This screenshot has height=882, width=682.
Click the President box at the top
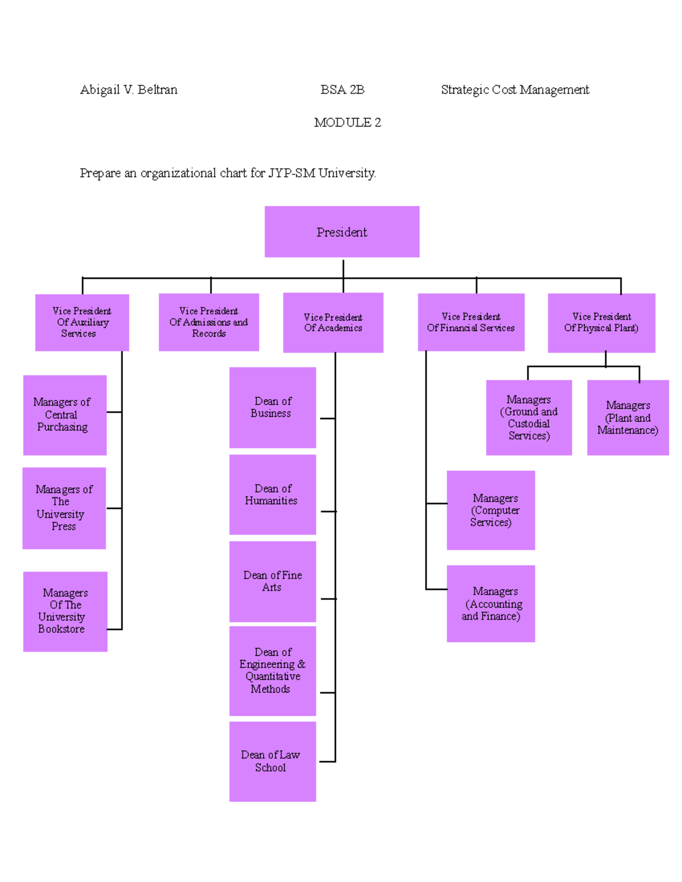pos(342,232)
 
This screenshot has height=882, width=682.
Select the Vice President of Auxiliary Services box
pos(82,322)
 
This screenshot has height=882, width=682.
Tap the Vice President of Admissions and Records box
pos(209,322)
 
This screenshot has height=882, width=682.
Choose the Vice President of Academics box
pos(333,323)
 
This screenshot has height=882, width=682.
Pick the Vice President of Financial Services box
pos(471,322)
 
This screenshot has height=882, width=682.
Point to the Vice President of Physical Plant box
pos(601,323)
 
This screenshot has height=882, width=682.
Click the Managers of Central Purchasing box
pos(64,415)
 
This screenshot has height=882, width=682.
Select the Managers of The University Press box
pos(64,508)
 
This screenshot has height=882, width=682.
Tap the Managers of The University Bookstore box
pos(65,611)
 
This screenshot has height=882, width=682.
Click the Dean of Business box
pos(272,407)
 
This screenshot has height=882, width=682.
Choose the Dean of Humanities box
pos(272,494)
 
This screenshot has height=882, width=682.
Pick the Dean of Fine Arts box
pos(272,581)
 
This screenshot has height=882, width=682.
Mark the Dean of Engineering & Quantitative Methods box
pos(272,670)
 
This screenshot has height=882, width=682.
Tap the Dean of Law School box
pos(272,761)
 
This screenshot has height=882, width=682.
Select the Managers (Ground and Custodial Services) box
pos(529,417)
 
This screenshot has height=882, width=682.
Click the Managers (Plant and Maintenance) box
pos(627,417)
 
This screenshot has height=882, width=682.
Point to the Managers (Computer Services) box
pos(490,510)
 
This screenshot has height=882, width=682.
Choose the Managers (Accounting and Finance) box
pos(490,603)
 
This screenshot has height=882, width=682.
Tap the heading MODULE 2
pos(347,122)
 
